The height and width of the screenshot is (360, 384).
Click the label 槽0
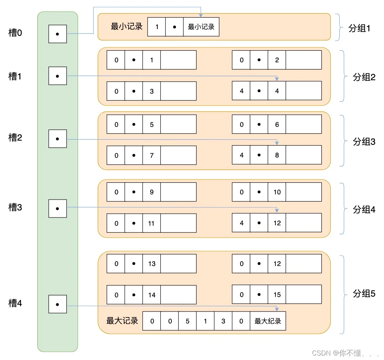coord(15,33)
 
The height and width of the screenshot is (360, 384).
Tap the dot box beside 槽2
coord(57,139)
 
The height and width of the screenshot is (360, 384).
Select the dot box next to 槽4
coord(57,304)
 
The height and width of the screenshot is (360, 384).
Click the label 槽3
coord(15,207)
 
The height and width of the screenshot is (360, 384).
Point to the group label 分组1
coord(359,28)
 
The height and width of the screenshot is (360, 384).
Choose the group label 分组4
coord(364,210)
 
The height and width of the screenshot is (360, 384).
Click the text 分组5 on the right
coord(364,294)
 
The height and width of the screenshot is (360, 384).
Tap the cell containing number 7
coord(151,155)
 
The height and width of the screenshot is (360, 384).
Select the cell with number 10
coord(277,192)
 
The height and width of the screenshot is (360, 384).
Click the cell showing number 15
coord(277,295)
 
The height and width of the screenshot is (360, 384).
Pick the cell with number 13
coord(151,264)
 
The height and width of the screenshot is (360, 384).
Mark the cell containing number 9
coord(151,192)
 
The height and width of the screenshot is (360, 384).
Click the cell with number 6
coord(277,125)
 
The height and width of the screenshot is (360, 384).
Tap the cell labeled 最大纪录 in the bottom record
coord(268,321)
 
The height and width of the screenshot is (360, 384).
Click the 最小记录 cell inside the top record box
coord(201,27)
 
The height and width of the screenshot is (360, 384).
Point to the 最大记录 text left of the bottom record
coord(122,321)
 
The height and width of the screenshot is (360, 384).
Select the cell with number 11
coord(151,223)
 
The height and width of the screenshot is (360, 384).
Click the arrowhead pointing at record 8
coord(277,143)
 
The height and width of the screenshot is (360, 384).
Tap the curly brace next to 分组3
coord(342,141)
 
